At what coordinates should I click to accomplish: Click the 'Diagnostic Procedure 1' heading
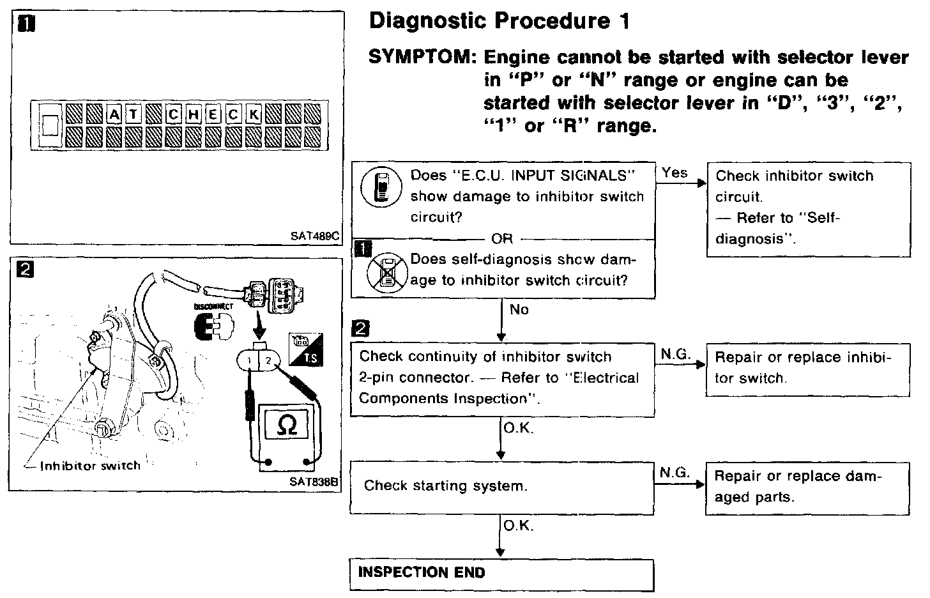[499, 21]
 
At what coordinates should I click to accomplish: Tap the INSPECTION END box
[502, 574]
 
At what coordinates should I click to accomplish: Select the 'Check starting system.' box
[502, 487]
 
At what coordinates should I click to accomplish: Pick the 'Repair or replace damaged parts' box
[808, 488]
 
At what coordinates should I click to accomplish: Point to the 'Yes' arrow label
[675, 172]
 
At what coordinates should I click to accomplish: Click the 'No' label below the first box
[519, 310]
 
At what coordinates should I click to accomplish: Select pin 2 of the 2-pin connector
[269, 361]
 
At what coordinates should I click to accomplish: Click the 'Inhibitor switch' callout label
[90, 466]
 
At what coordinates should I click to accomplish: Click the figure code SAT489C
[314, 235]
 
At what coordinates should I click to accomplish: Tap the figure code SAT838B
[313, 482]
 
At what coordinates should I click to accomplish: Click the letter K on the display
[254, 114]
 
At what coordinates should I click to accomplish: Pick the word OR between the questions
[502, 238]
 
